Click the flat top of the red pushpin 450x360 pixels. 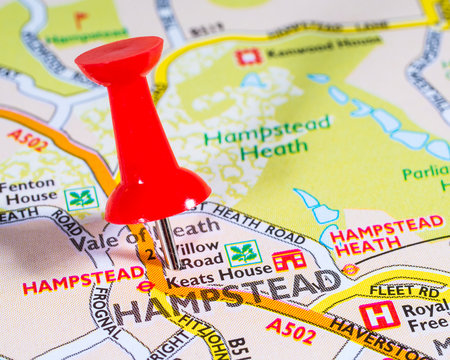click(119, 58)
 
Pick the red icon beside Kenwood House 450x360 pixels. click(248, 56)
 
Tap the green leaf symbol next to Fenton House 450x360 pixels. click(80, 198)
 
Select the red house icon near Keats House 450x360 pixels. click(289, 260)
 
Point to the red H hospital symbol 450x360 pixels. click(379, 315)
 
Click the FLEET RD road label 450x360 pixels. click(405, 291)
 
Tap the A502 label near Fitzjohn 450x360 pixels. click(291, 328)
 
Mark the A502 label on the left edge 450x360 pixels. click(27, 140)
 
